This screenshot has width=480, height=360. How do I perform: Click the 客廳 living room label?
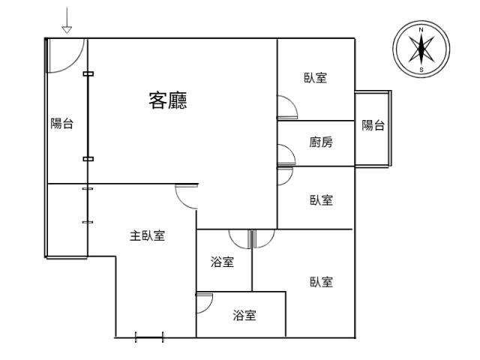click(x=168, y=100)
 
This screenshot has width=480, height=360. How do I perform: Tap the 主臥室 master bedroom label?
click(x=147, y=235)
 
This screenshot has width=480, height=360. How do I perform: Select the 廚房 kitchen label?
click(x=321, y=142)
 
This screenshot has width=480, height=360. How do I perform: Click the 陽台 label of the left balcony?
click(x=61, y=124)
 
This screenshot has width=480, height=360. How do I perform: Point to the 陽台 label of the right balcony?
click(x=373, y=125)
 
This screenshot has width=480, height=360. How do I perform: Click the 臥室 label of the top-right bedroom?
click(x=315, y=78)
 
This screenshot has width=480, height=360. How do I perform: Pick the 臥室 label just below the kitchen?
click(x=321, y=200)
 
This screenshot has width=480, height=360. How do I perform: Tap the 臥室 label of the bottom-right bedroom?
click(x=321, y=282)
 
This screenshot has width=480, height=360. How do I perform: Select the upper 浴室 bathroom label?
click(x=222, y=262)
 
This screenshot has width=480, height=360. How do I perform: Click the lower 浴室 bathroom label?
click(x=244, y=315)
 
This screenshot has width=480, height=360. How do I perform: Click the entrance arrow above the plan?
click(x=67, y=20)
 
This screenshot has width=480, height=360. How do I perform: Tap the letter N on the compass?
click(x=421, y=30)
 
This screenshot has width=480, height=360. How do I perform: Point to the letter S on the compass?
click(x=421, y=70)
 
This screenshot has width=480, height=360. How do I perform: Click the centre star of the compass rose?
click(x=421, y=49)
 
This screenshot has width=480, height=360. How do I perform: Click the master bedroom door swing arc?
click(x=181, y=200)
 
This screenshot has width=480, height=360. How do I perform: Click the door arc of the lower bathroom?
click(x=208, y=307)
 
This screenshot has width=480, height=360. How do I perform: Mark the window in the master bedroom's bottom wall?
click(x=149, y=337)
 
